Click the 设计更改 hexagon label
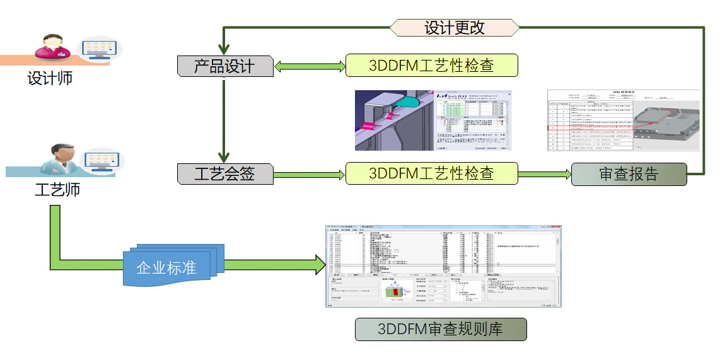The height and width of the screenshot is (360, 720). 454,28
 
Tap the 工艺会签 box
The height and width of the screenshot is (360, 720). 224,173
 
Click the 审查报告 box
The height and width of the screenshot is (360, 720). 628,174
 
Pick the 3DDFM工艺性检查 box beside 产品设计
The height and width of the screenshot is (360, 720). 431,66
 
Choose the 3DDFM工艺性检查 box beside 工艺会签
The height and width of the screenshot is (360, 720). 431,173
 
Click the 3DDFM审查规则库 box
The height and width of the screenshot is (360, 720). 439,328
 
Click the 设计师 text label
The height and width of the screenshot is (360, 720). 50,79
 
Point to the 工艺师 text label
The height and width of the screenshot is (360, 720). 57,189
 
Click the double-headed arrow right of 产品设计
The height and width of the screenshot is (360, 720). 309,66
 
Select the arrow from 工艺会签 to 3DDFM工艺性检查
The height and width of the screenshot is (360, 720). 309,173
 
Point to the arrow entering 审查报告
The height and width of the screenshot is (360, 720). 544,173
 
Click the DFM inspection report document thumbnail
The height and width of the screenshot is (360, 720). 623,120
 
